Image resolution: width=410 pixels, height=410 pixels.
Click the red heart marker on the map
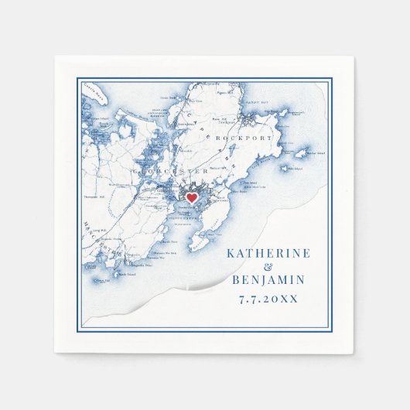point(191,198)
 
